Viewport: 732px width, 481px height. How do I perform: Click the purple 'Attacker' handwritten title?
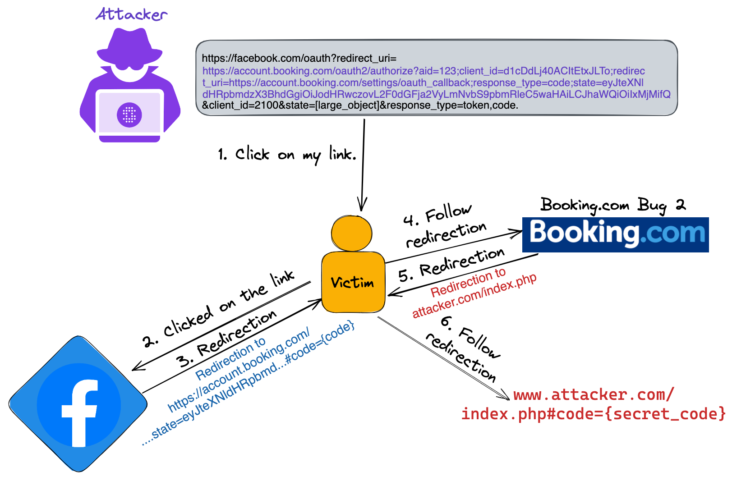coord(131,14)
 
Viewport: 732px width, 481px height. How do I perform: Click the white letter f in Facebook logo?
coord(80,412)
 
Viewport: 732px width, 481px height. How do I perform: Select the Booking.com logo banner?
coord(615,234)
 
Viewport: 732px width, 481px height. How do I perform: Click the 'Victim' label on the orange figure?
coord(352,283)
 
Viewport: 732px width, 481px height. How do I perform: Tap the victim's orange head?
coord(351,233)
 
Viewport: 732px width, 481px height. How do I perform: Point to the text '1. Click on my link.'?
coord(287,155)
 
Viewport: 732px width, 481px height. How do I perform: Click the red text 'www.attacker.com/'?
coord(594,395)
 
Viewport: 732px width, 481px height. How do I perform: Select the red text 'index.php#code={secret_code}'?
coord(593,414)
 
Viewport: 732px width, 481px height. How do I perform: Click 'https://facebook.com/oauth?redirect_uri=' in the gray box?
coord(299,58)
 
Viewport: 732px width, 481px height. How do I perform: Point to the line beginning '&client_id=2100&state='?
coord(360,105)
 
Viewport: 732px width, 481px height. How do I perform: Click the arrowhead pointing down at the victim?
coord(362,205)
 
